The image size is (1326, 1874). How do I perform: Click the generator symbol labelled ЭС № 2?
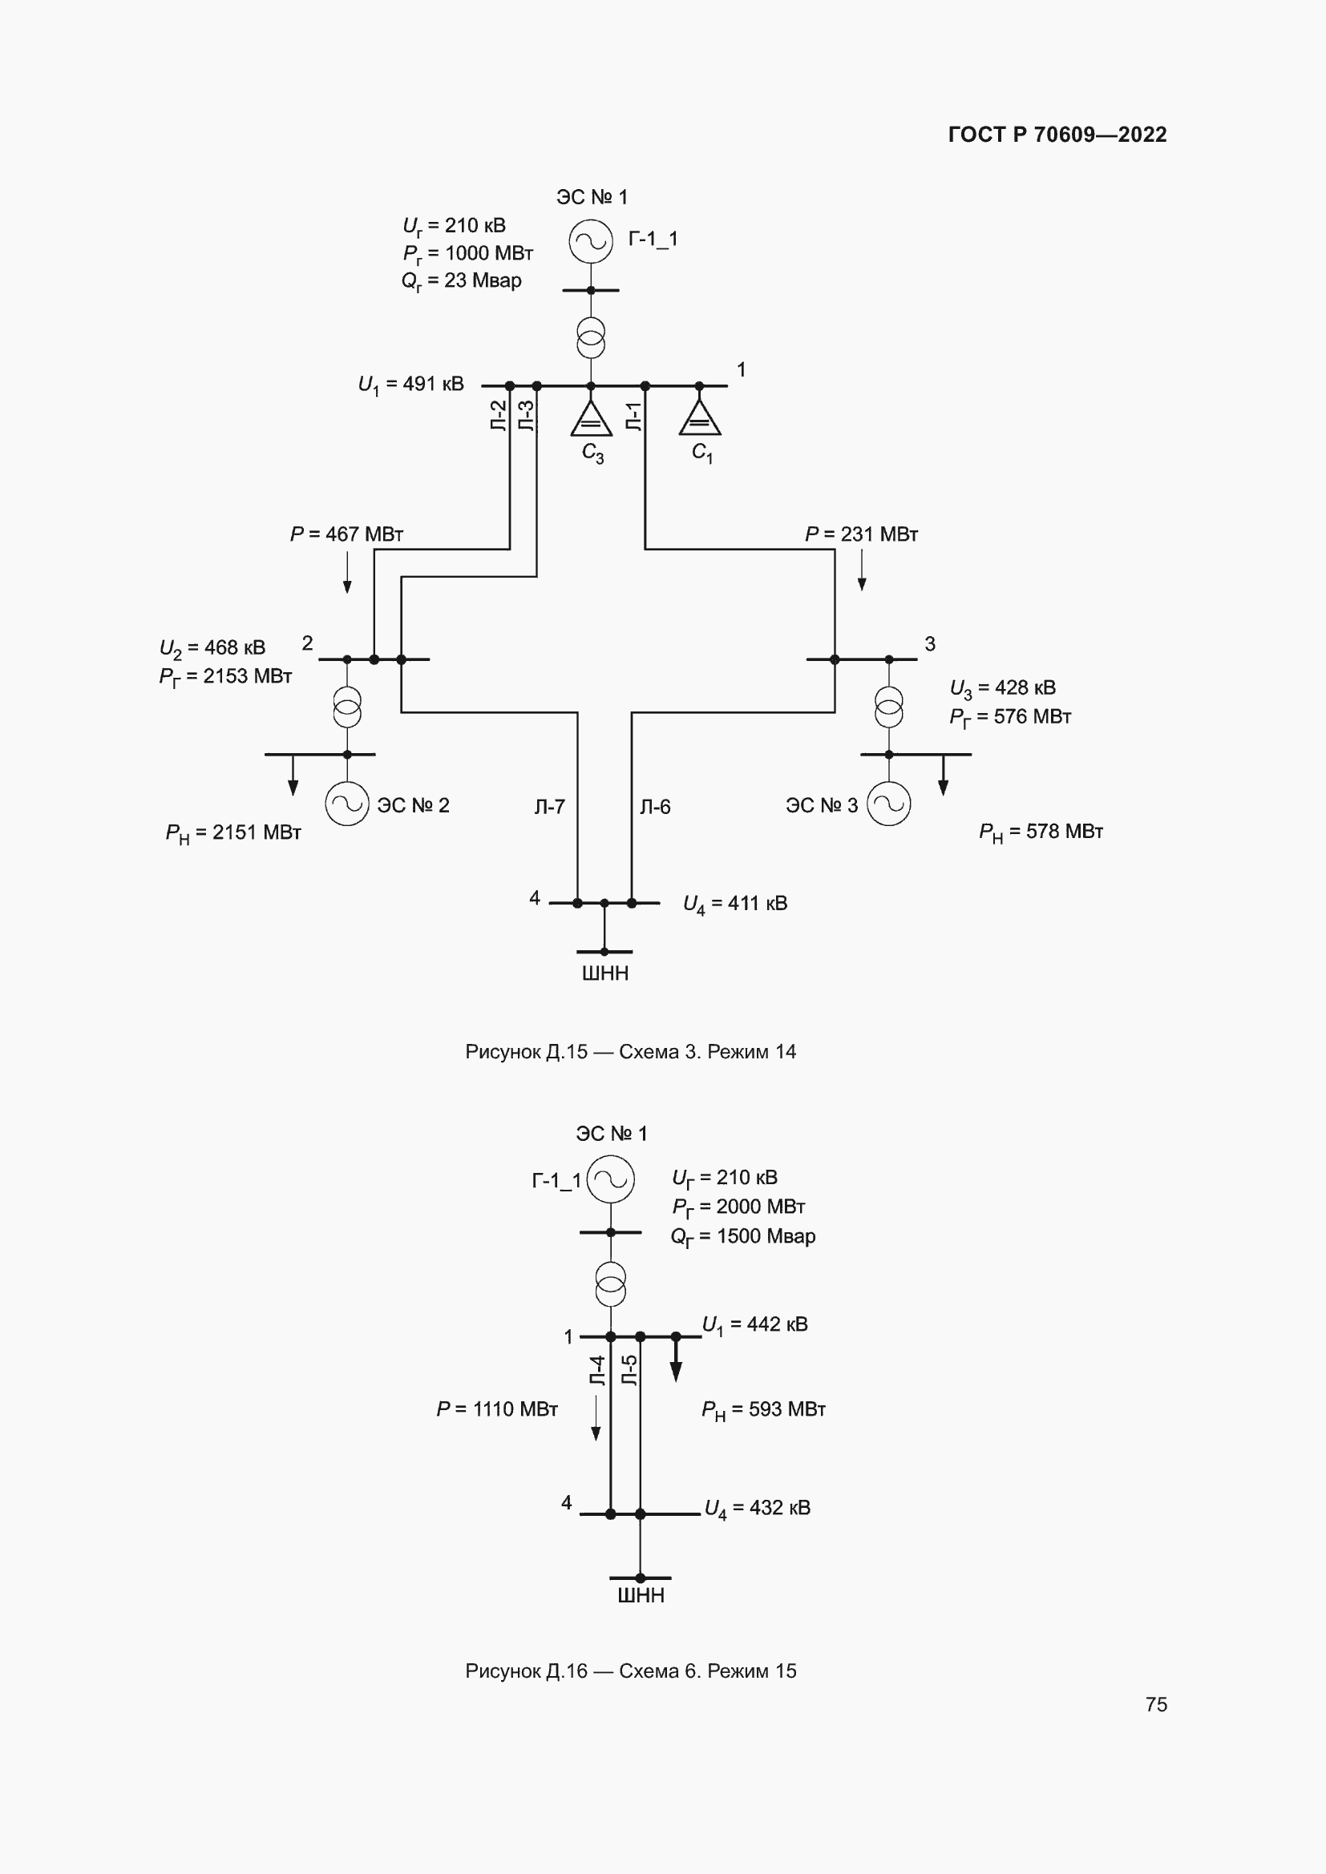tap(347, 804)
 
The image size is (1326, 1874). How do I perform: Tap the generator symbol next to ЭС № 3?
tap(888, 804)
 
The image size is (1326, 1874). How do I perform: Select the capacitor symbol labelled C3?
tap(591, 419)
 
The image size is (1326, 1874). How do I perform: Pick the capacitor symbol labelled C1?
tap(700, 419)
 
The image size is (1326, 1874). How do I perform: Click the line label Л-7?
tap(549, 808)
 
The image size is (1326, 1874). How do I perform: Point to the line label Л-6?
tap(655, 808)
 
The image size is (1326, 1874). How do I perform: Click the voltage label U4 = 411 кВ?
tap(735, 904)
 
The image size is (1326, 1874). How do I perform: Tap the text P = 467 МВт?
tap(347, 534)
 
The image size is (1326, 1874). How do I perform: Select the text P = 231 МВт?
tap(861, 534)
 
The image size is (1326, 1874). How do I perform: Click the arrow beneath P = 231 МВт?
tap(861, 570)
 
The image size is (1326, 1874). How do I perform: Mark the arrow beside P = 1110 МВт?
tap(596, 1419)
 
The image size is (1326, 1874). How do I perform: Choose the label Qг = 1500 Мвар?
tap(743, 1236)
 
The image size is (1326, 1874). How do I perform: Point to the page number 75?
tap(1156, 1704)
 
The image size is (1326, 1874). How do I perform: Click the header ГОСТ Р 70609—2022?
tap(1057, 135)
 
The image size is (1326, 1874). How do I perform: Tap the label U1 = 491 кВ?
tap(410, 385)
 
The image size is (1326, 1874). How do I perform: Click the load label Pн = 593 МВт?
tap(763, 1409)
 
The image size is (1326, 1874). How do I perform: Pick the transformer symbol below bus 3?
tap(889, 707)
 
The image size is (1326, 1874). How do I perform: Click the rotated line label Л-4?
tap(598, 1371)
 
